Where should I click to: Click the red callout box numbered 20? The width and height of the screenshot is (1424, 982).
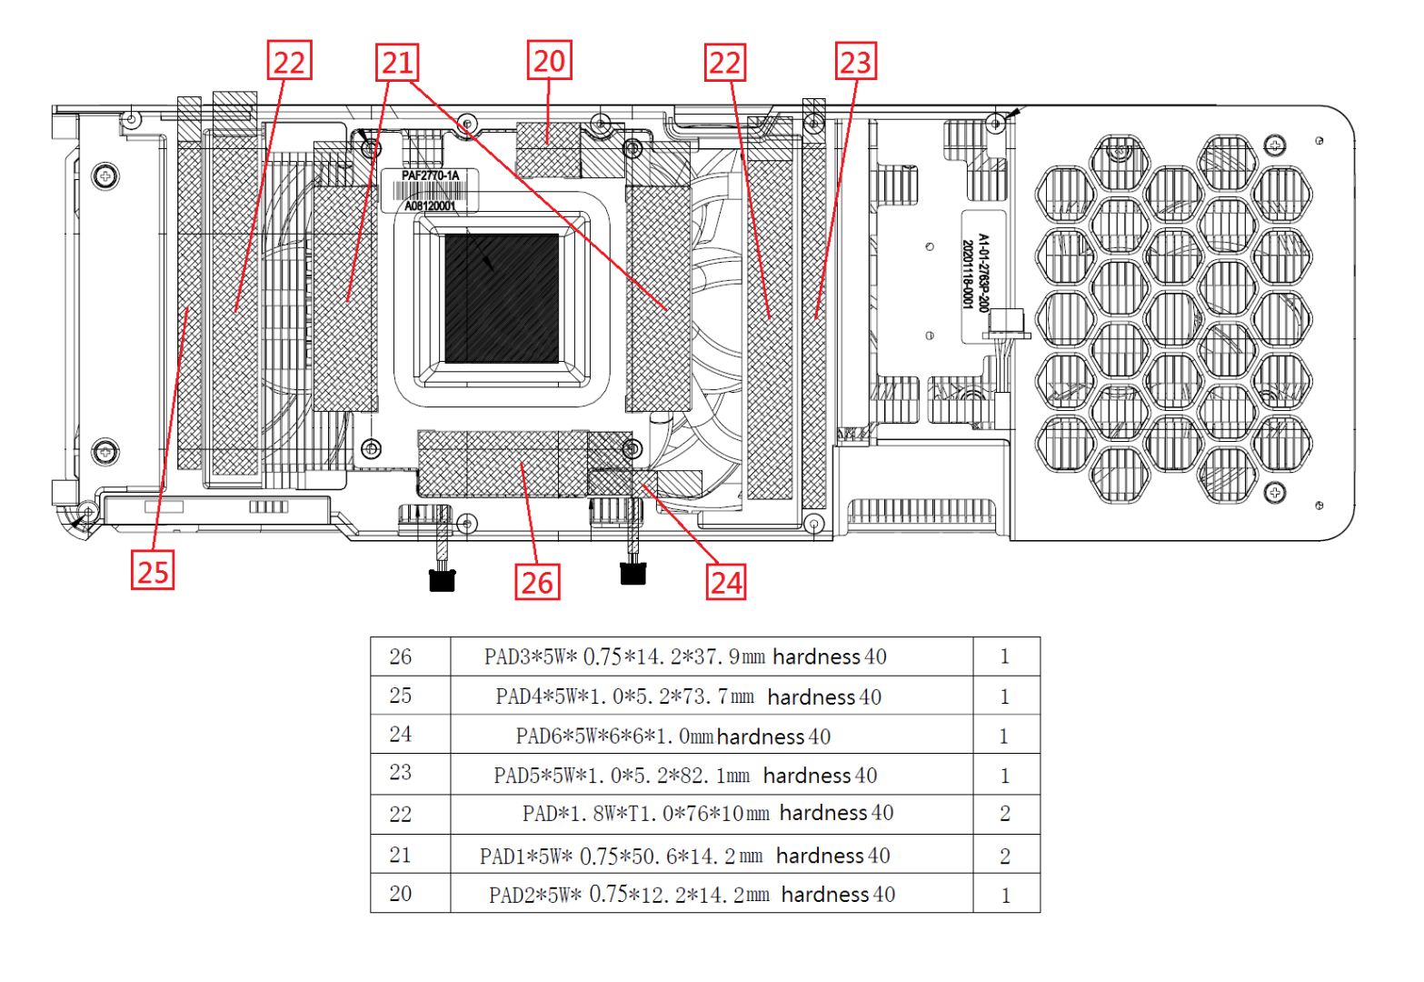[x=549, y=61]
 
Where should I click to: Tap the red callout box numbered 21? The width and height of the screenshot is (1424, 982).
[x=397, y=63]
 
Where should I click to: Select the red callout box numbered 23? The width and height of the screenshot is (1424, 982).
[x=855, y=62]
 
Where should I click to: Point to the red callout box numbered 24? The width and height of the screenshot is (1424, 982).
[x=726, y=582]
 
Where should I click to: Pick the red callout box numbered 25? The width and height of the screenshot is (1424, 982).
[x=153, y=571]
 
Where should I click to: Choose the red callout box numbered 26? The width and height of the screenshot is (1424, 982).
[x=537, y=582]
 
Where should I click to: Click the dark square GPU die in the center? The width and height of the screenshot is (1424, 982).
[x=502, y=298]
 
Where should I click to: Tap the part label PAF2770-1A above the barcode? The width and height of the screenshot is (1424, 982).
[x=430, y=175]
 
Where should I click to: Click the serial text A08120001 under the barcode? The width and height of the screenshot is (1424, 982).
[x=430, y=206]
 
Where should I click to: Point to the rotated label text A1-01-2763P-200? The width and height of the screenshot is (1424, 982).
[x=983, y=273]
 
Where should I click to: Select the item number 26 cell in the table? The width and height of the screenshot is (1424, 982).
[x=401, y=656]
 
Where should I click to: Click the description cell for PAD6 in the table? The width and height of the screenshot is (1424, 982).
[x=672, y=736]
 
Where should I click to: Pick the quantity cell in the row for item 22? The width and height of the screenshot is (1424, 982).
[x=1005, y=814]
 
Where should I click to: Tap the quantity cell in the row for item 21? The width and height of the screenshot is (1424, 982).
[x=1005, y=856]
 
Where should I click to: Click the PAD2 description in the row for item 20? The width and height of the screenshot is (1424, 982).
[x=691, y=895]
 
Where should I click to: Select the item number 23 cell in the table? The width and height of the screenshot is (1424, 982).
[x=401, y=773]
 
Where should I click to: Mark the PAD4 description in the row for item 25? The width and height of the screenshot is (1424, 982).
[x=688, y=696]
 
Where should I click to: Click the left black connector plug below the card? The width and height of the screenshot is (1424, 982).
[x=442, y=580]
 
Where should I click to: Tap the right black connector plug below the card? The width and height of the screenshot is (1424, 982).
[x=632, y=573]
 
